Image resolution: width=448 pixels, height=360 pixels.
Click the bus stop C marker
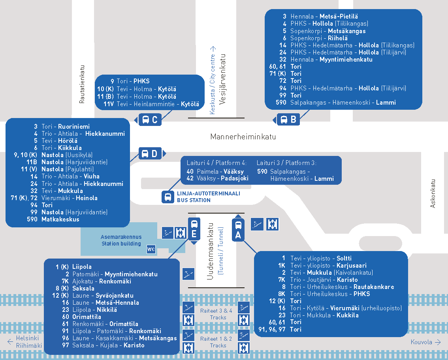[148, 120]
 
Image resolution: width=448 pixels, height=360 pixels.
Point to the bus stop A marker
[238, 228]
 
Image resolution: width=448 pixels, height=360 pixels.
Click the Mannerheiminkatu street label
[243, 137]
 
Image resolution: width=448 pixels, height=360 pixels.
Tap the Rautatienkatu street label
[82, 84]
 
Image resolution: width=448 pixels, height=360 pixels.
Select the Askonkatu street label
[433, 193]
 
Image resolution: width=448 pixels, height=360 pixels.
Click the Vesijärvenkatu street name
[222, 79]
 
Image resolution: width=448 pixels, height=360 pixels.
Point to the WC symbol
[151, 249]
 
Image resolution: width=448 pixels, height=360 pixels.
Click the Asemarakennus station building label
[121, 240]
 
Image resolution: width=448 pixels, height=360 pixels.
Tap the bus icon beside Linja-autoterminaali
[168, 197]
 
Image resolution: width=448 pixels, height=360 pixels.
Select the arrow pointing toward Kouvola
[438, 342]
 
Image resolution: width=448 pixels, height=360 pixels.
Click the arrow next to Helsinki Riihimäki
[10, 342]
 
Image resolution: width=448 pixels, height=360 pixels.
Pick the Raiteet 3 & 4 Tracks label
[216, 314]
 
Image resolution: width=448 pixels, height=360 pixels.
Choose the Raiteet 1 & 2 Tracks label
[216, 342]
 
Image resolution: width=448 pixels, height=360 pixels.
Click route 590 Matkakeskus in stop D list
[53, 219]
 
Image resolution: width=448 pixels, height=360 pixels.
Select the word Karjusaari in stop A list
[352, 266]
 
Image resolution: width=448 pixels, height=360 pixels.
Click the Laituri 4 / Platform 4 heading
[216, 163]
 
